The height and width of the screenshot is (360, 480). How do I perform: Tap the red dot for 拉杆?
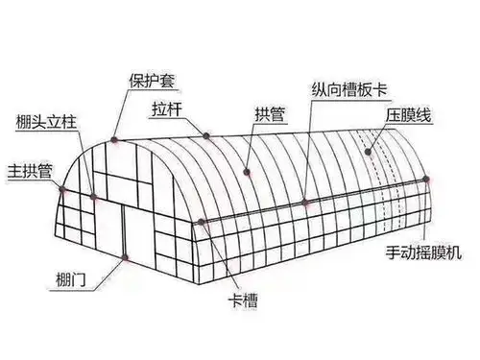206,133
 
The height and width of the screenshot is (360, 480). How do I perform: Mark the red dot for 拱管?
248,173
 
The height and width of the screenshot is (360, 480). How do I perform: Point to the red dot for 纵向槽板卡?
304,203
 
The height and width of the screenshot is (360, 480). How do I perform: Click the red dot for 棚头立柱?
94,196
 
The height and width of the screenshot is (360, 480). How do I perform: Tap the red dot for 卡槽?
201,222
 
